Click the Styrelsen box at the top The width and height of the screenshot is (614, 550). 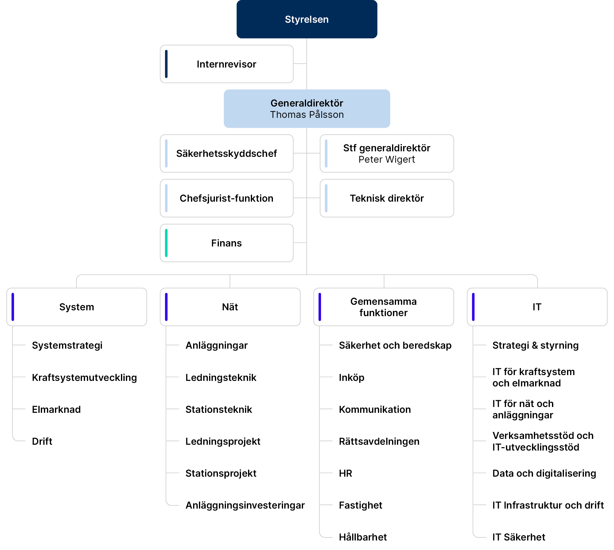pyautogui.click(x=307, y=19)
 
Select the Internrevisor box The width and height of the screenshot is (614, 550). pyautogui.click(x=227, y=64)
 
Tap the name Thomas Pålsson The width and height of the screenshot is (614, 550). pyautogui.click(x=307, y=115)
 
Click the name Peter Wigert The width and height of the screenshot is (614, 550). pyautogui.click(x=387, y=160)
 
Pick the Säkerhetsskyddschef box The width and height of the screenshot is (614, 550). pyautogui.click(x=227, y=153)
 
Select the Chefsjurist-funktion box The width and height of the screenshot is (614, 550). pyautogui.click(x=227, y=198)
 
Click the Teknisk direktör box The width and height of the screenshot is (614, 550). pyautogui.click(x=387, y=198)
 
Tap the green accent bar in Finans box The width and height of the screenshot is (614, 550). pyautogui.click(x=166, y=243)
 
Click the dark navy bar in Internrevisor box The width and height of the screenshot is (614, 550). pyautogui.click(x=166, y=64)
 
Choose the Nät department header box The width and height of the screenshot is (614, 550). pyautogui.click(x=230, y=307)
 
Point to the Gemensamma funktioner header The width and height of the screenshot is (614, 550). pyautogui.click(x=383, y=307)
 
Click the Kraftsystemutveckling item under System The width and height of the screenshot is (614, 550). pyautogui.click(x=84, y=378)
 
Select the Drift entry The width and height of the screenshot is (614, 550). pyautogui.click(x=42, y=441)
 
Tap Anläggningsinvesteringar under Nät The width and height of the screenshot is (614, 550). pyautogui.click(x=245, y=505)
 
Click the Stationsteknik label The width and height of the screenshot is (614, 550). pyautogui.click(x=219, y=409)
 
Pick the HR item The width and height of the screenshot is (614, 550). pyautogui.click(x=345, y=473)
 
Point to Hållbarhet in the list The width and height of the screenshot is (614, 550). pyautogui.click(x=363, y=537)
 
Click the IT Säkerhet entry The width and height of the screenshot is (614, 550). pyautogui.click(x=519, y=537)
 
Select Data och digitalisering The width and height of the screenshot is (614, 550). pyautogui.click(x=544, y=473)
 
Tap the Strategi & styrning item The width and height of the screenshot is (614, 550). pyautogui.click(x=535, y=345)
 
